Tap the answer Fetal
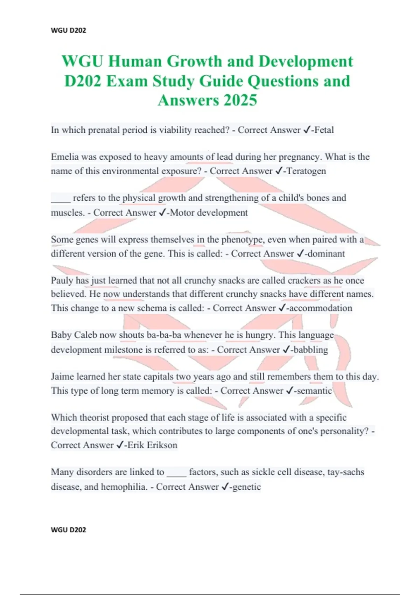324,130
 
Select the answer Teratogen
306,171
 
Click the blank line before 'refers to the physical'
61,198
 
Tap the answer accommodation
321,308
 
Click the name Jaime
62,377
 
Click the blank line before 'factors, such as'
176,473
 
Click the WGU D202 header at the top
68,30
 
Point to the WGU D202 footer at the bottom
68,530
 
